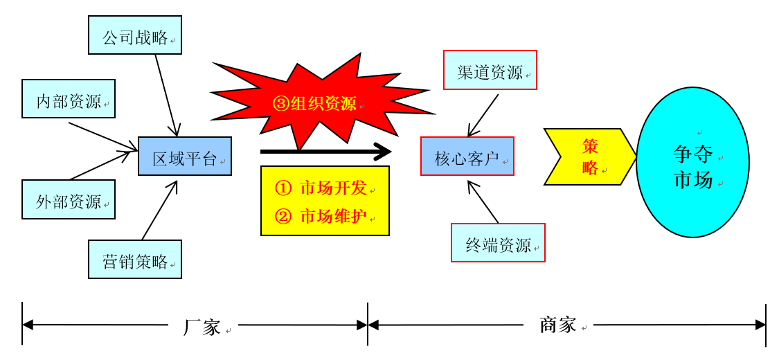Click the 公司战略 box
click(135, 35)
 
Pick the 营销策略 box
click(135, 260)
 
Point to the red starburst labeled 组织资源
click(315, 104)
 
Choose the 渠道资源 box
click(490, 70)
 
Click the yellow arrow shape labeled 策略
click(589, 157)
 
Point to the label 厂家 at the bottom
click(202, 327)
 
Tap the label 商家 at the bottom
click(558, 325)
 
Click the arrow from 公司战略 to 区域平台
click(166, 94)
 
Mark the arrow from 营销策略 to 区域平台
click(159, 210)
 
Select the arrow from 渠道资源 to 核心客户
click(483, 115)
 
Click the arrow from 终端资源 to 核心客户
click(483, 201)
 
